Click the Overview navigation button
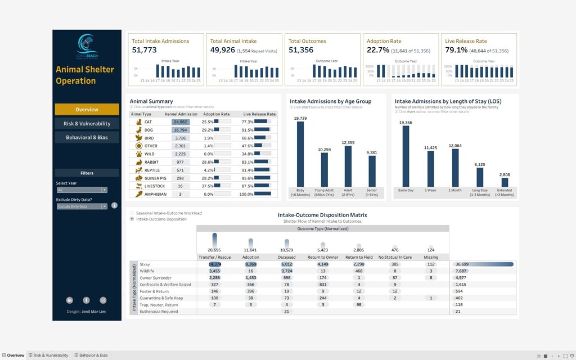[87, 110]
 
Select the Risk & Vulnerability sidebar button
[87, 124]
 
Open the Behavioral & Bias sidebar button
[87, 137]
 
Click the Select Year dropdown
[81, 190]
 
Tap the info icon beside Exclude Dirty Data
[114, 206]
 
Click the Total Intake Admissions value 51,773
[144, 51]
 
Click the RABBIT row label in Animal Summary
[151, 162]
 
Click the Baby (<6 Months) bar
[300, 154]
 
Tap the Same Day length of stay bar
[406, 156]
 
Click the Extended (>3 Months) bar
[505, 182]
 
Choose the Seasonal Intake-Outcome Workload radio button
[132, 213]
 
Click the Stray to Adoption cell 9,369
[251, 264]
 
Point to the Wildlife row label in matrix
[149, 271]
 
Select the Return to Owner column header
[322, 257]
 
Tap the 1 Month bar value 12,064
[455, 146]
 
